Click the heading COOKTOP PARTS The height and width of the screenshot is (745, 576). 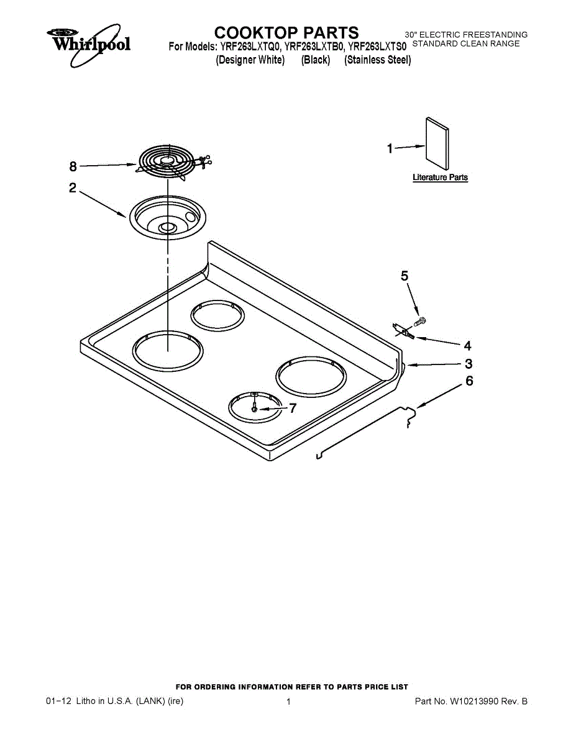[x=286, y=32]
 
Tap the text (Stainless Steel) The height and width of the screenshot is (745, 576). [x=378, y=60]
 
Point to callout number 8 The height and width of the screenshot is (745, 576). [x=73, y=166]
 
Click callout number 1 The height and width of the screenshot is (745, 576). [x=390, y=148]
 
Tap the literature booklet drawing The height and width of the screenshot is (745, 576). [x=437, y=142]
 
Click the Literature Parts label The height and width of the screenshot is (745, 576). [x=440, y=178]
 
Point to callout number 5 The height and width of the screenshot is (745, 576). [x=405, y=276]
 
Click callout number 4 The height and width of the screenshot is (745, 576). [x=467, y=346]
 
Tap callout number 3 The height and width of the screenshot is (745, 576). [x=469, y=364]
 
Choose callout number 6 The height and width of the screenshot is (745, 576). [x=469, y=381]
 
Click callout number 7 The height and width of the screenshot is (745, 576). [x=293, y=409]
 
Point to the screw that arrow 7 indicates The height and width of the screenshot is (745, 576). [x=255, y=409]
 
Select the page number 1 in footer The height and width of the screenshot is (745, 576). [x=288, y=702]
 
